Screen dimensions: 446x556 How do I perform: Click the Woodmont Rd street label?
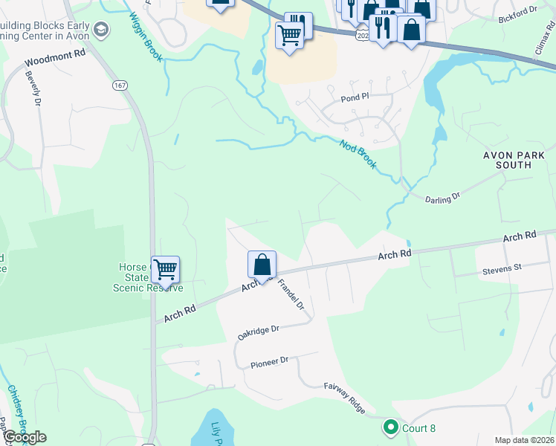pos(56,58)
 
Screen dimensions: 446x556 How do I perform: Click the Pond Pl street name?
pos(355,97)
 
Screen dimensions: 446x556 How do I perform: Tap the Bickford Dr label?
pos(517,13)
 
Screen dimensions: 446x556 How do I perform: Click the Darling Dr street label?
pos(443,196)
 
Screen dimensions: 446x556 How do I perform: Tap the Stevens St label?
pos(503,266)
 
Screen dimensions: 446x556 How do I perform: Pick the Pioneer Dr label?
pos(269,361)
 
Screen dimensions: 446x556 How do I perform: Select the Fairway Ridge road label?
pos(344,397)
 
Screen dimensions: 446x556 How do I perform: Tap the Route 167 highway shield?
pos(120,85)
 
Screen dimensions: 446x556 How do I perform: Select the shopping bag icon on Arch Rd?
pos(262,265)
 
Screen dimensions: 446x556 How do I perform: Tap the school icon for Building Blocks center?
pos(101,30)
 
